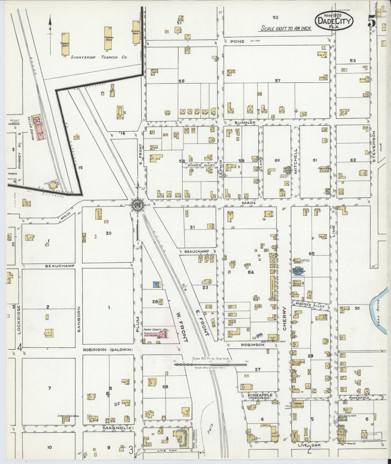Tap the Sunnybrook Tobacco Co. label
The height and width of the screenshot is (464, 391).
(98, 57)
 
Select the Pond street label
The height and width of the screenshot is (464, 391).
(238, 41)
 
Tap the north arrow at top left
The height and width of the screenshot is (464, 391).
(50, 26)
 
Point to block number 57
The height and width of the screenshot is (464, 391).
(277, 80)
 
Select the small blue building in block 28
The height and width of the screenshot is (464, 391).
(155, 284)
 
